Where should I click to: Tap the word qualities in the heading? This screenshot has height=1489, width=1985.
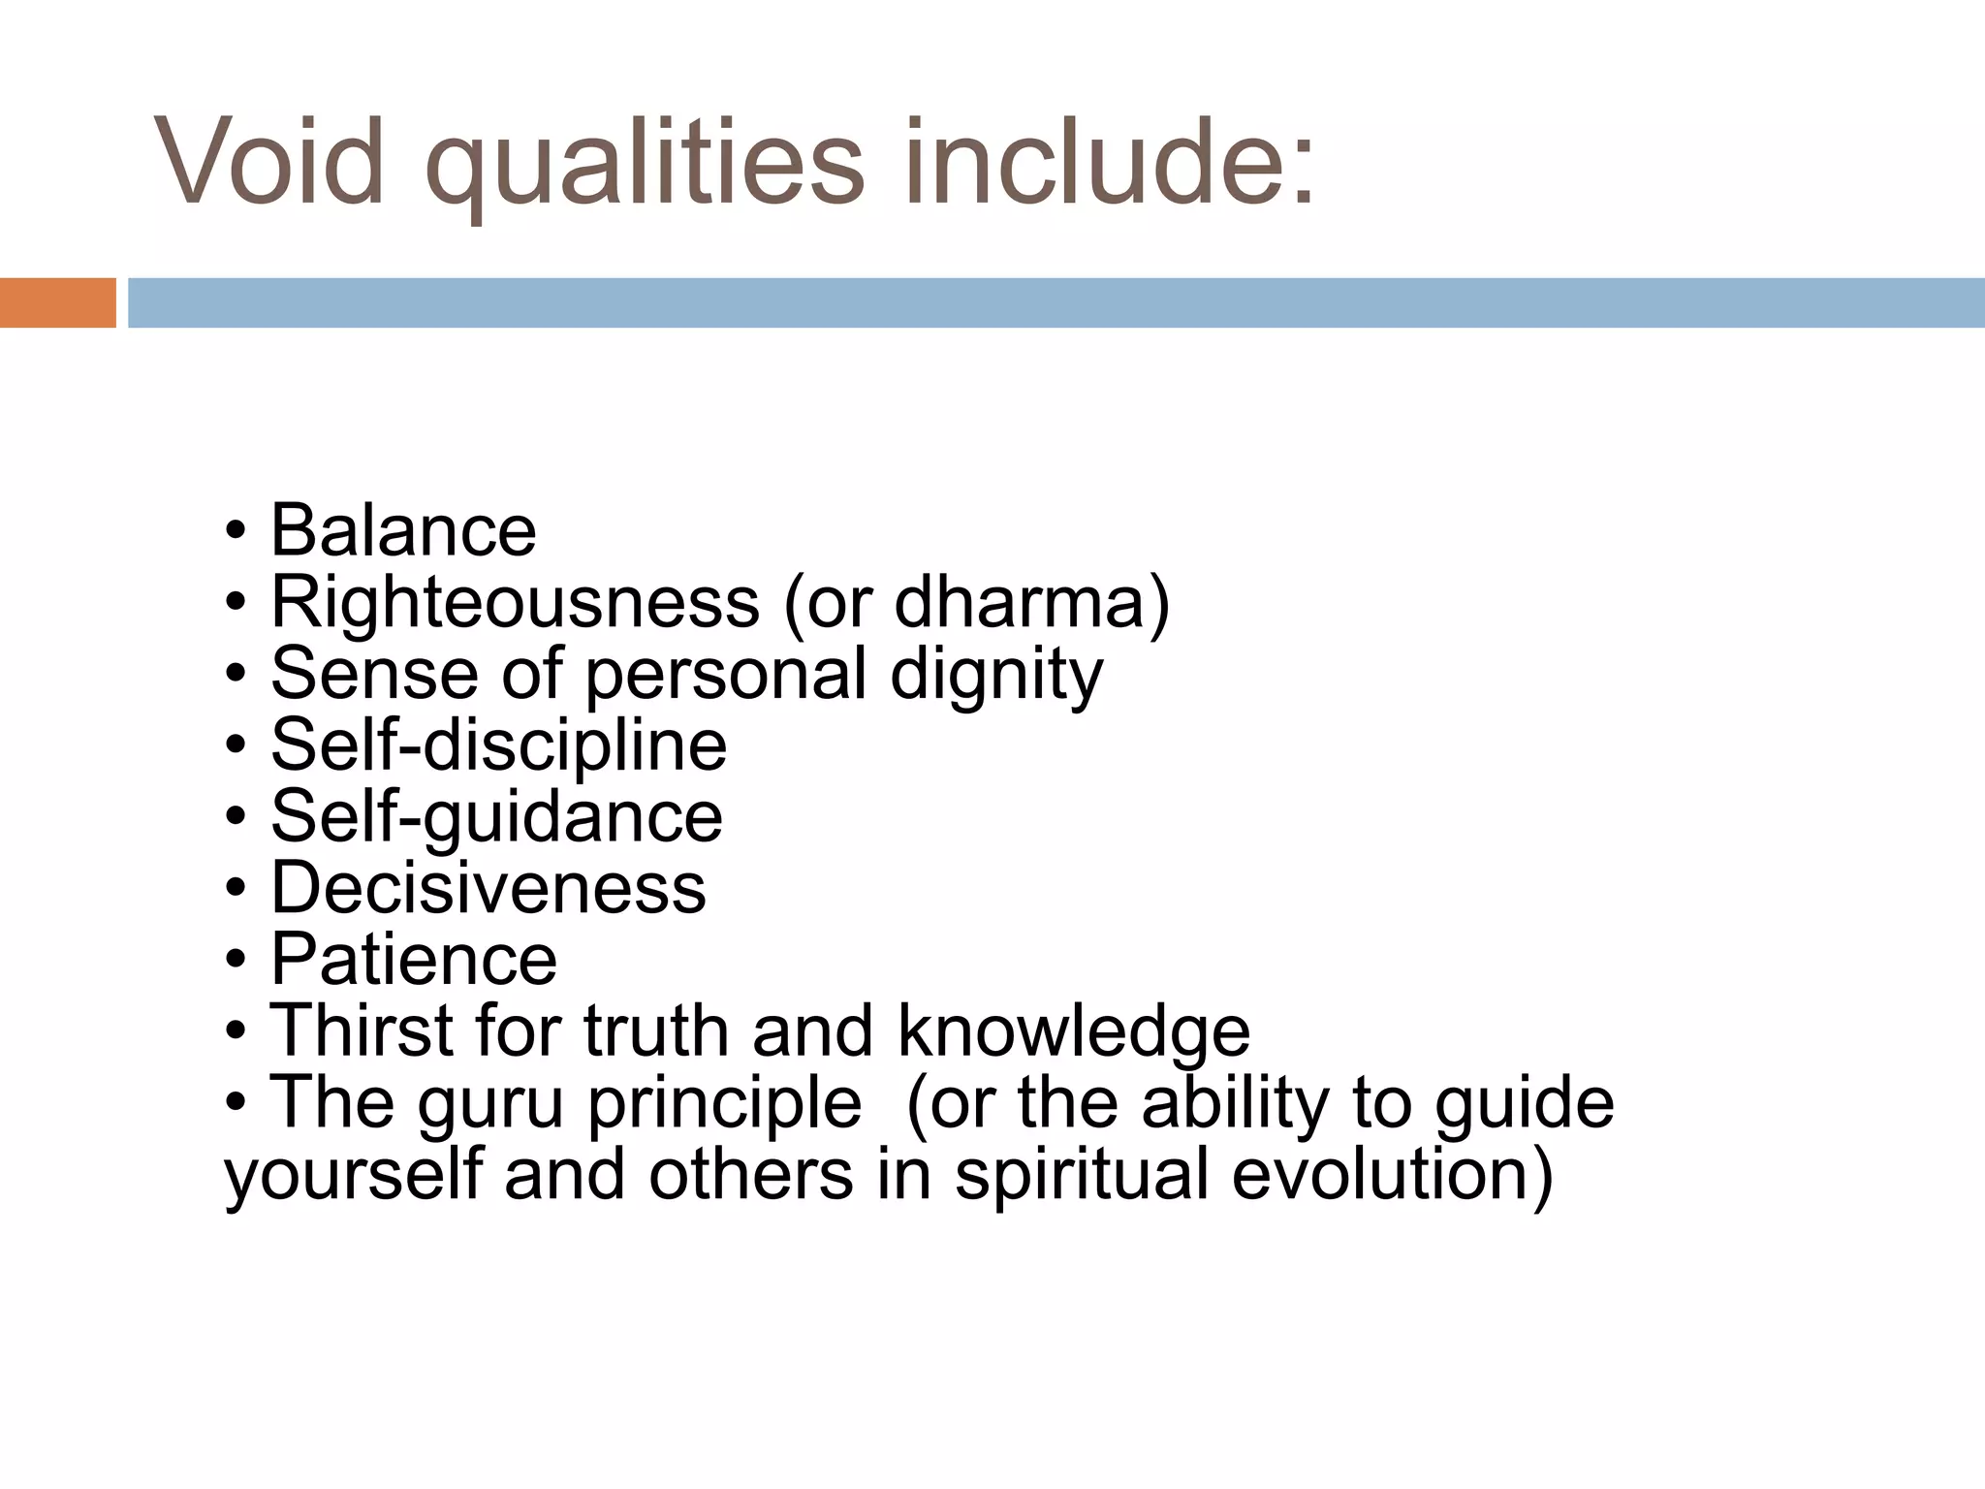point(644,163)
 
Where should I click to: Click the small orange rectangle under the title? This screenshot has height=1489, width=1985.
point(57,302)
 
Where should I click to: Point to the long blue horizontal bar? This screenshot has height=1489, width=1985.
point(1056,302)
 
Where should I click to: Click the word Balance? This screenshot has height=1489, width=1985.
point(402,530)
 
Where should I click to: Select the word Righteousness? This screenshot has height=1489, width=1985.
point(515,602)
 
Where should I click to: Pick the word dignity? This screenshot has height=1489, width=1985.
point(995,675)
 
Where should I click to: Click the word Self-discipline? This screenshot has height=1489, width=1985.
point(498,744)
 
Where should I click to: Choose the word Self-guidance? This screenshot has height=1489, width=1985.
point(496,816)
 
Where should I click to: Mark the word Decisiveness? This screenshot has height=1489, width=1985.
point(488,887)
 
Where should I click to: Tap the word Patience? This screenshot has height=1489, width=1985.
point(413,959)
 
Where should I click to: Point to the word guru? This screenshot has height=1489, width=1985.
point(490,1104)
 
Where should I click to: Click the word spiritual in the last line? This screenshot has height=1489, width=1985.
point(1082,1173)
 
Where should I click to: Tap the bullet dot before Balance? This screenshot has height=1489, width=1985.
point(236,531)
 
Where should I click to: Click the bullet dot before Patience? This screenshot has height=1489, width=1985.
point(236,960)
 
